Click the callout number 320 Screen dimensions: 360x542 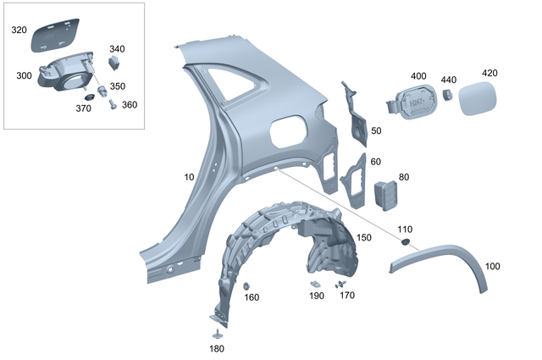click(x=19, y=30)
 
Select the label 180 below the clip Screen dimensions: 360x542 click(x=218, y=348)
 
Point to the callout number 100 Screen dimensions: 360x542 click(x=492, y=266)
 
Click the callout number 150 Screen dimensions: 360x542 click(x=363, y=237)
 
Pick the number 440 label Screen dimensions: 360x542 click(x=448, y=80)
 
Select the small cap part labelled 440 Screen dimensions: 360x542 click(x=449, y=95)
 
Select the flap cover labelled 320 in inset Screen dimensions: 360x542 click(x=55, y=32)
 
